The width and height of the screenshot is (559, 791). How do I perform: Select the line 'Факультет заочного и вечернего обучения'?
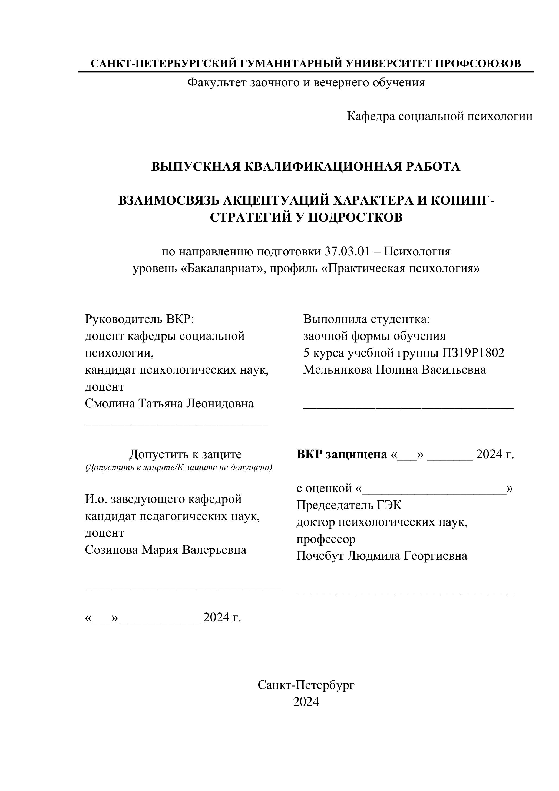(306, 83)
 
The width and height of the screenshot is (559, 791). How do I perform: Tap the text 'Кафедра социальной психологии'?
(439, 116)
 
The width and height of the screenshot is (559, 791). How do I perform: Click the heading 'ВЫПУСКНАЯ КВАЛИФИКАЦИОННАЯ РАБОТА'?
(306, 167)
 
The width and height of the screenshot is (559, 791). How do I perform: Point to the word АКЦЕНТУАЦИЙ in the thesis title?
(270, 200)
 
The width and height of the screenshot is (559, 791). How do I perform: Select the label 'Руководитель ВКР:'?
(140, 319)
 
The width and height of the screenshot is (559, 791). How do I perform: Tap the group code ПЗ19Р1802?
(473, 353)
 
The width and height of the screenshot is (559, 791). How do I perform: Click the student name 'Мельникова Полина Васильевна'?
(395, 370)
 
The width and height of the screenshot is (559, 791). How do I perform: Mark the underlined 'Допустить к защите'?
(185, 455)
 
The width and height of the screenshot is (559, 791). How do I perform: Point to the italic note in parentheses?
(178, 467)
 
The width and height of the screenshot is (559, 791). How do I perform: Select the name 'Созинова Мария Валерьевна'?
(166, 550)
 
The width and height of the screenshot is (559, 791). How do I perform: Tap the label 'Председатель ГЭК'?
(349, 505)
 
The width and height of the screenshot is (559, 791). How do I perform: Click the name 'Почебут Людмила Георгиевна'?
(382, 556)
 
